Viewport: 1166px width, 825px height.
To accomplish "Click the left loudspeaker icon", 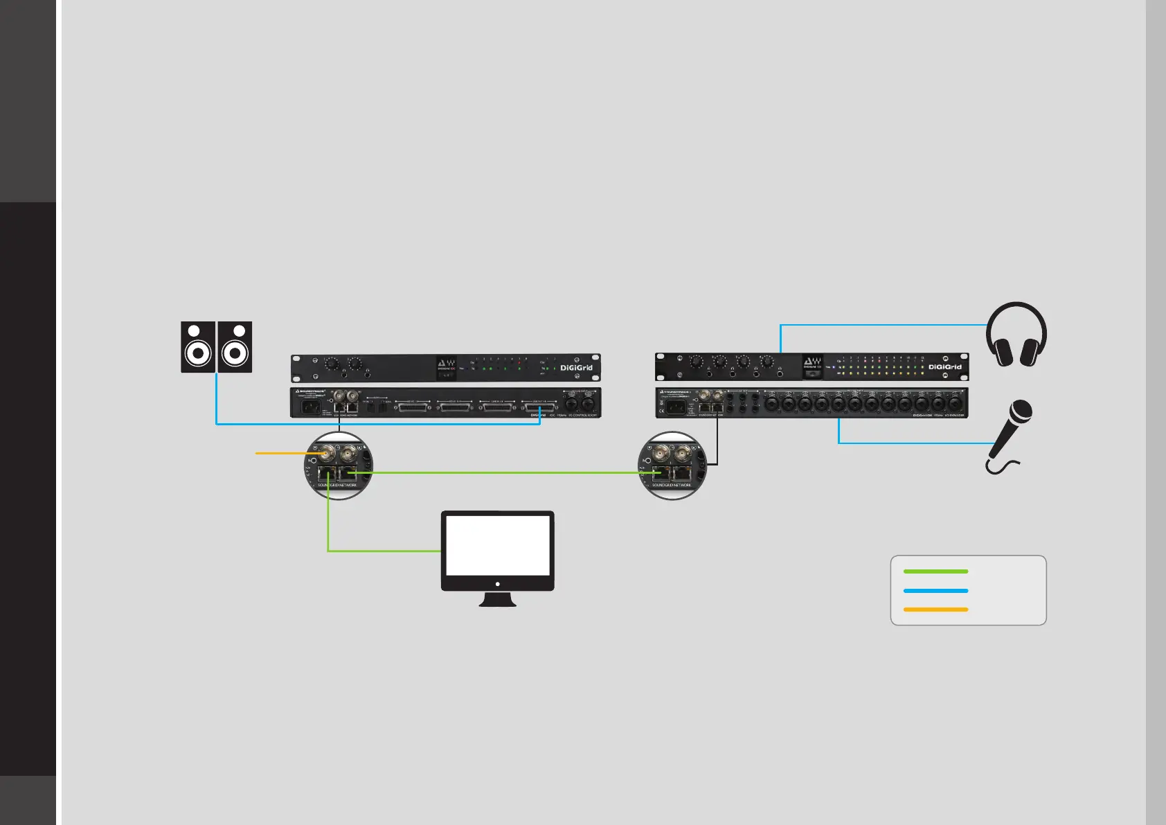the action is [x=198, y=347].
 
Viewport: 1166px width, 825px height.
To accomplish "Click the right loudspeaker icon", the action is [x=235, y=347].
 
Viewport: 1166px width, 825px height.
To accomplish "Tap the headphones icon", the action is [x=1016, y=335].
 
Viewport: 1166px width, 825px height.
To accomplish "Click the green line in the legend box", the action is [x=935, y=571].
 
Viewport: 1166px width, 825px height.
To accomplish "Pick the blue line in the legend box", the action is [x=935, y=591].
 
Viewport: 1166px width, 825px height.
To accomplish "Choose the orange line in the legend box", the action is [x=935, y=610].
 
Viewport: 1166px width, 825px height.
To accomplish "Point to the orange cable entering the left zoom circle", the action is [x=284, y=453].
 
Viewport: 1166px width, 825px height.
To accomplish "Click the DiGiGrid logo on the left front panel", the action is [x=576, y=368].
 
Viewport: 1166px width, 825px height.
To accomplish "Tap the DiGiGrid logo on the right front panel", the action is [x=944, y=367].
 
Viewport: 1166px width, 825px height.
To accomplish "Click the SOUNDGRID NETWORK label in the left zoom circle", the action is [x=338, y=486].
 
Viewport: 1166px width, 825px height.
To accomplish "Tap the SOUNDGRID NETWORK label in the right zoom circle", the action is [x=672, y=486].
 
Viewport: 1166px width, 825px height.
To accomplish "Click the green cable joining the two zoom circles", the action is [x=499, y=473].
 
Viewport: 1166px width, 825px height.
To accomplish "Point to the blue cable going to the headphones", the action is [x=879, y=325].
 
